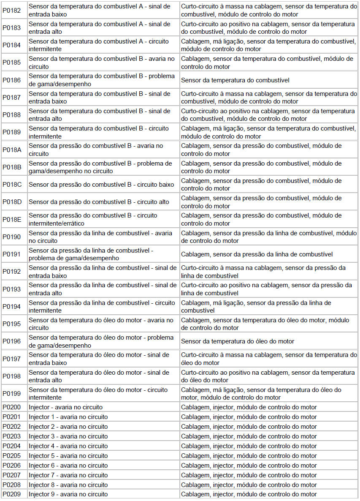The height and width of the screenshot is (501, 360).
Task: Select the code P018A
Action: (x=12, y=150)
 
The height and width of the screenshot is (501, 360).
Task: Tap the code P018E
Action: (x=12, y=219)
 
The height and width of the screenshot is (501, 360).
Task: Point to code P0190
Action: (x=11, y=237)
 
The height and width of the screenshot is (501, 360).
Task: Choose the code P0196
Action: (x=11, y=341)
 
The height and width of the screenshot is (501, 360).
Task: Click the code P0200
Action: (x=11, y=407)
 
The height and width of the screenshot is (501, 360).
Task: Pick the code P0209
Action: (x=11, y=494)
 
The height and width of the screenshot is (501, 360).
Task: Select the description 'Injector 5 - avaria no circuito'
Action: (x=68, y=456)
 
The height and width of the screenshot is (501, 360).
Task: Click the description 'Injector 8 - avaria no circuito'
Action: (x=68, y=485)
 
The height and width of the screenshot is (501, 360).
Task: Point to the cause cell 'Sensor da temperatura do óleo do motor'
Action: (x=238, y=341)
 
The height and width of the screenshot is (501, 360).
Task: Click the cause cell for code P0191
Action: (x=257, y=254)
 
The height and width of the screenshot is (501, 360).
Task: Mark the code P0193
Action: (x=11, y=289)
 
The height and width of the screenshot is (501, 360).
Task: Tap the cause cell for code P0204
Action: (x=249, y=446)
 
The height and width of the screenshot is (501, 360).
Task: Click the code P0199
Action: (x=11, y=394)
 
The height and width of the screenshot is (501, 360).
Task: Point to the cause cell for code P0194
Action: (x=256, y=307)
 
